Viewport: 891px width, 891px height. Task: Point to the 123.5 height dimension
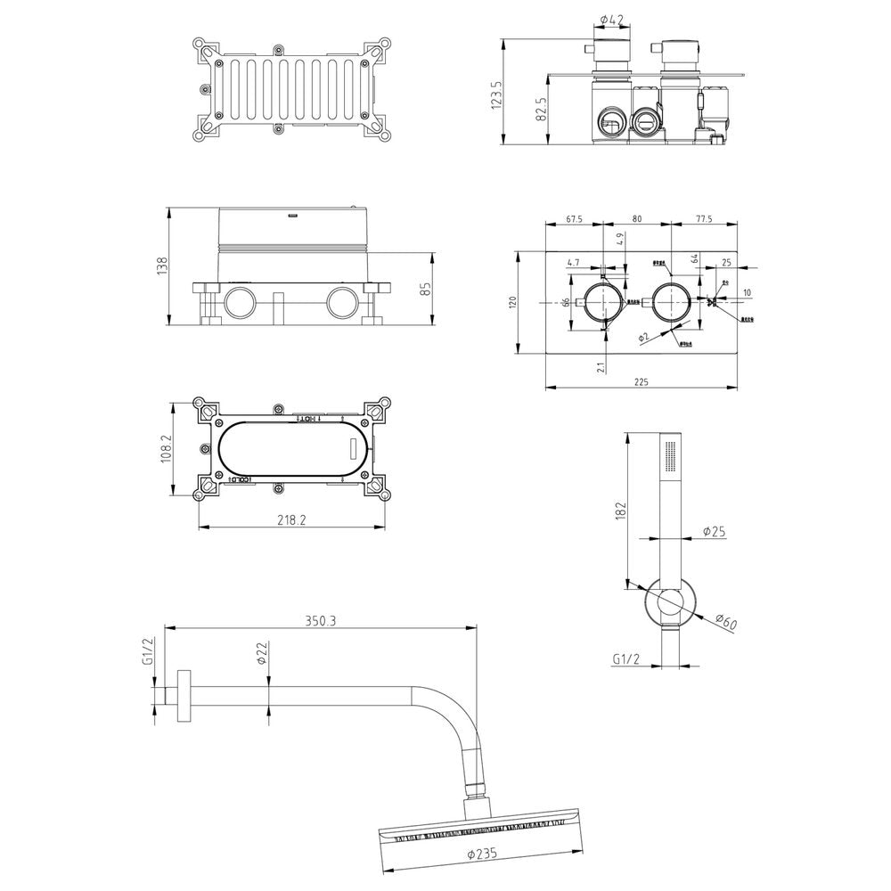[497, 93]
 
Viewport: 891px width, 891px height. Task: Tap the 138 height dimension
[161, 266]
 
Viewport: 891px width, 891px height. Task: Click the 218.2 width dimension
[290, 520]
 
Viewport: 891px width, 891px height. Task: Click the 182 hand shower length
[622, 510]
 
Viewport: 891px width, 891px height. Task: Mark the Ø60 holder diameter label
[725, 622]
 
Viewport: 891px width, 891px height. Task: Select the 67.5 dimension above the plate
[575, 219]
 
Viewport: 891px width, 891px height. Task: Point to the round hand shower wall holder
[669, 606]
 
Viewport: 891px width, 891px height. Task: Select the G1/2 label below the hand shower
[627, 659]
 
